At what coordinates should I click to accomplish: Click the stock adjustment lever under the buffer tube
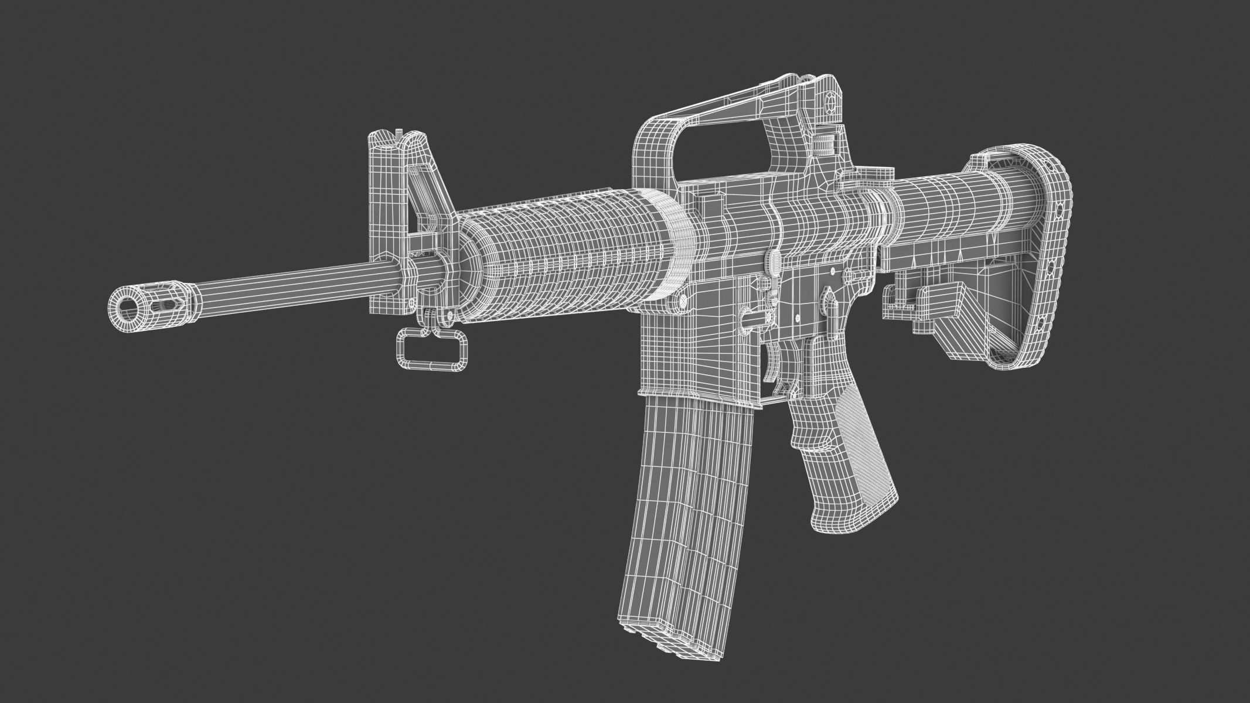pos(926,299)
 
